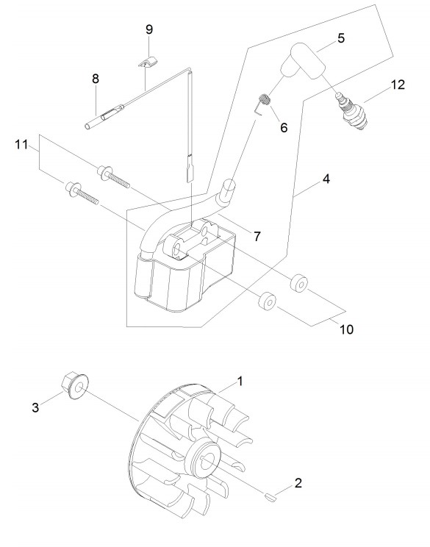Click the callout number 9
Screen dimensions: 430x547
(x=149, y=29)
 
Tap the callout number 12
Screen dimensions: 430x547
(x=398, y=85)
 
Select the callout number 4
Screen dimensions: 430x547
(x=326, y=179)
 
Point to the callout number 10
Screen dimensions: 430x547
(x=346, y=329)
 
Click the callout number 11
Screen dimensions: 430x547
(x=21, y=144)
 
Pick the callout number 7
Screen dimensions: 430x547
(x=257, y=237)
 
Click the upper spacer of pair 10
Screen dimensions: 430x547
(x=299, y=282)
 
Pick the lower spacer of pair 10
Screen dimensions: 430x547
(x=268, y=300)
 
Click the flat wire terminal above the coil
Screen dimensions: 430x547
(x=190, y=171)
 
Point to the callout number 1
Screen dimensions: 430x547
(x=240, y=381)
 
